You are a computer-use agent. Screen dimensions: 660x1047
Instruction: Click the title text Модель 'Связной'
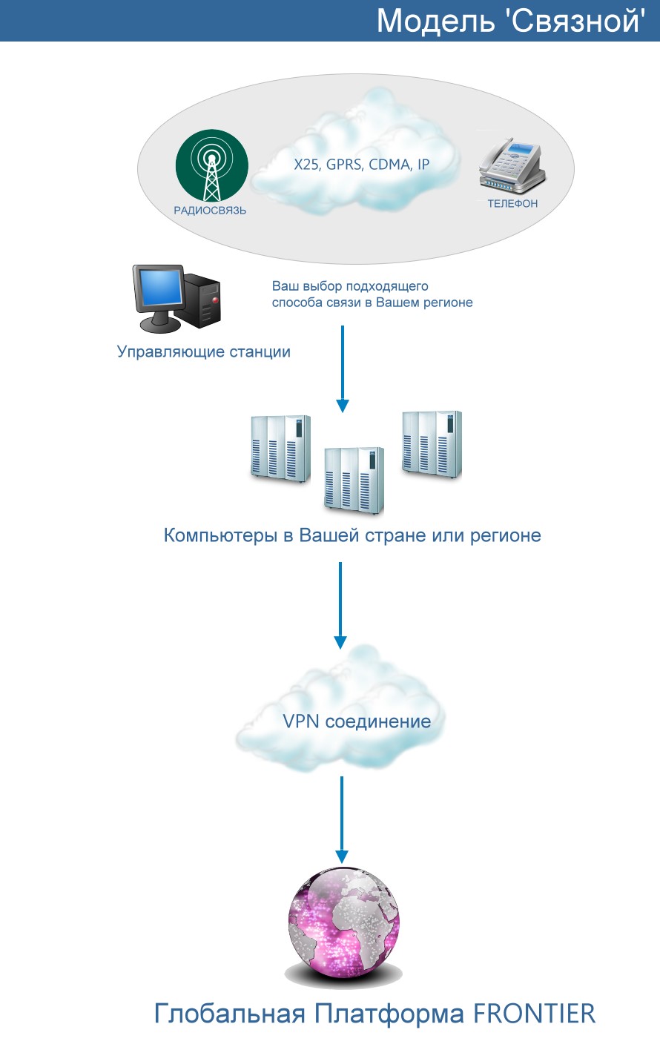(511, 22)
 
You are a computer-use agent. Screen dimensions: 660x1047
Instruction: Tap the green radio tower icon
(212, 166)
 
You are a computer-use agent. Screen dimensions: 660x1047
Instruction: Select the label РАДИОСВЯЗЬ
(210, 211)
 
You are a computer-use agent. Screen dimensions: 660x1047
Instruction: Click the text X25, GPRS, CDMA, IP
(361, 165)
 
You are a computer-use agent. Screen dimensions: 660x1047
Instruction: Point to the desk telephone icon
(512, 165)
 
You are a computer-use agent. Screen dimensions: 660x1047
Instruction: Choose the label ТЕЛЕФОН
(512, 203)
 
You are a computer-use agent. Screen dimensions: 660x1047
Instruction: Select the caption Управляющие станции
(204, 351)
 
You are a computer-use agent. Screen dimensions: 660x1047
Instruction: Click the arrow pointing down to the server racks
(343, 369)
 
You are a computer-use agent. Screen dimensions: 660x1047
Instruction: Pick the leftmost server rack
(280, 449)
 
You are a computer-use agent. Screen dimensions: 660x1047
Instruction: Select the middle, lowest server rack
(354, 480)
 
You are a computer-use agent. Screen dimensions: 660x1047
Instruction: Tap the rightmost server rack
(432, 444)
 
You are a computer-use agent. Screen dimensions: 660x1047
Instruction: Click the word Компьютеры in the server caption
(221, 535)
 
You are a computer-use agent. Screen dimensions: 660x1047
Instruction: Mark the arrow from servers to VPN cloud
(340, 605)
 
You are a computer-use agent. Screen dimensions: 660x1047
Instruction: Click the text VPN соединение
(357, 721)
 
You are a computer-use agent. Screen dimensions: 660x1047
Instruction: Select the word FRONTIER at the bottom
(534, 1014)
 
